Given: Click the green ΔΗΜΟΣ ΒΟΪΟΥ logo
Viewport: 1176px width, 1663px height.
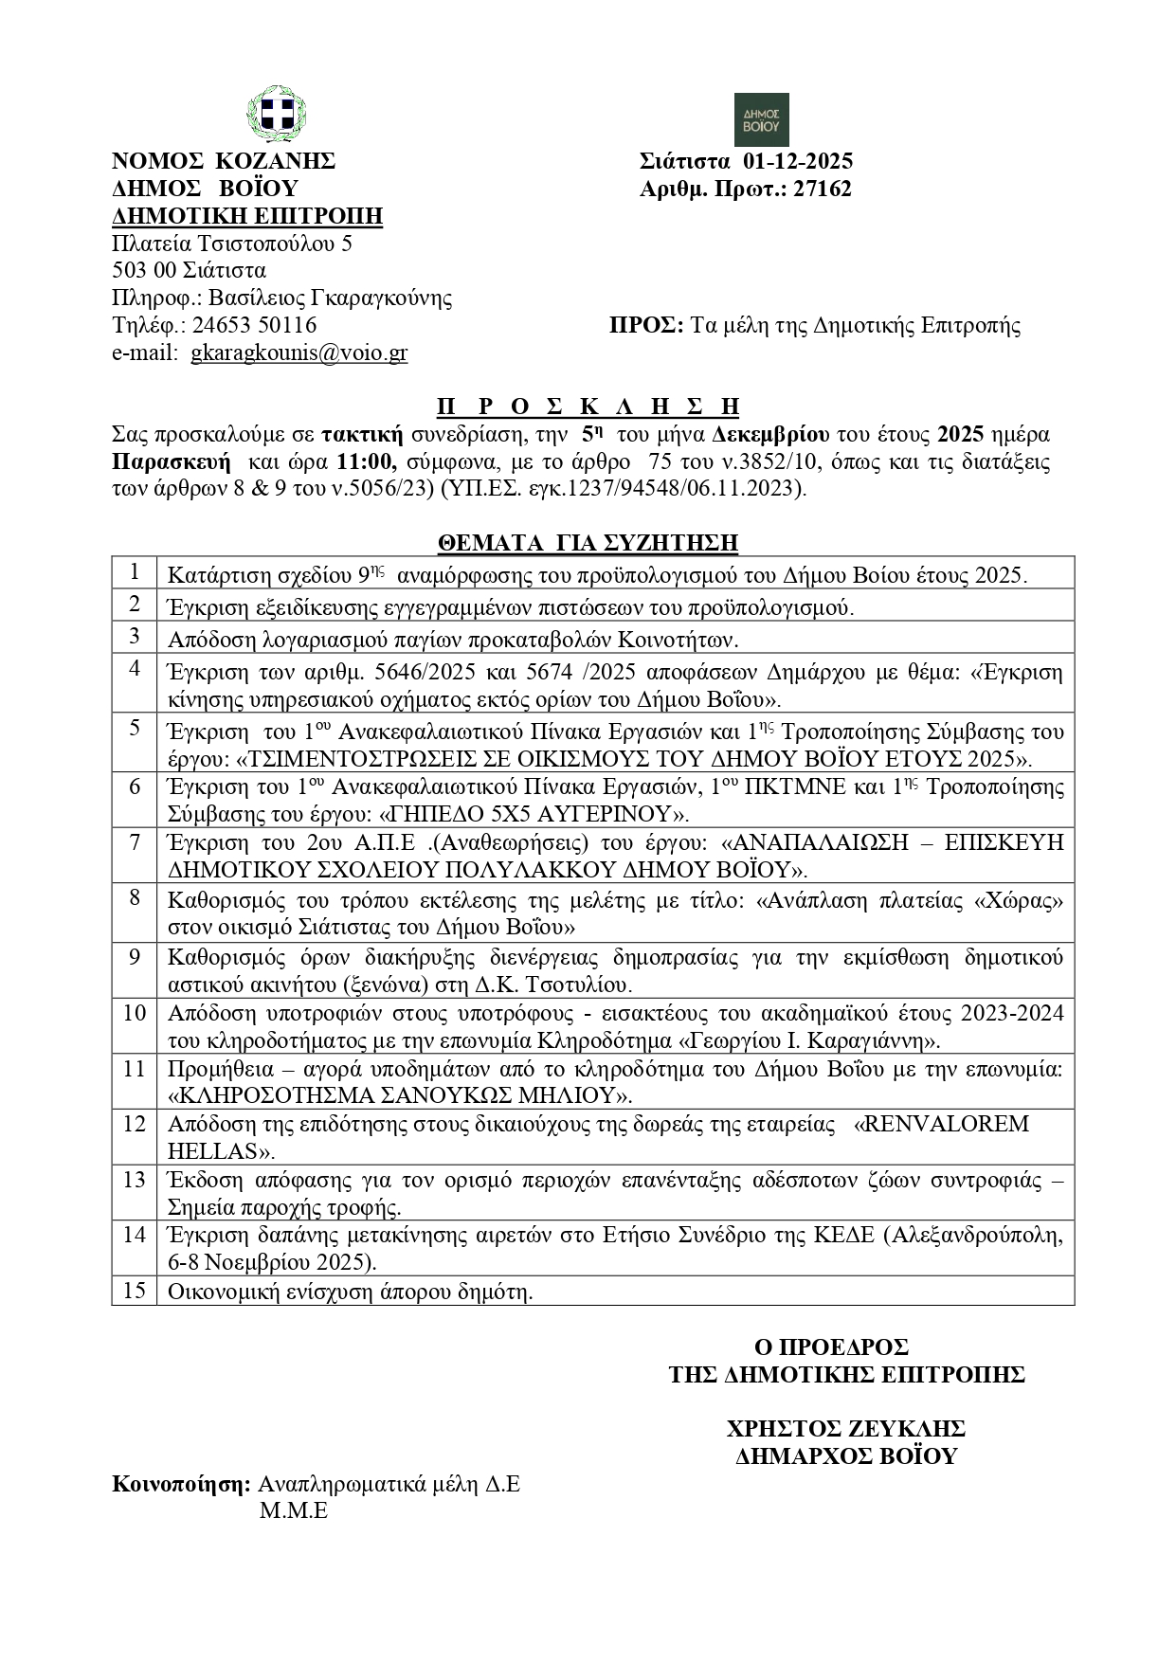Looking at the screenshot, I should coord(762,119).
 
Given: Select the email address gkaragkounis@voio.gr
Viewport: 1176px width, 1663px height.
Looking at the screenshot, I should coord(299,353).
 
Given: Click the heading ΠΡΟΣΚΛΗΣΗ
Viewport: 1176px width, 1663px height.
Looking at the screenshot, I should coord(588,407).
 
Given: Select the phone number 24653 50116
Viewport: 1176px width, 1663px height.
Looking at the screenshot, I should coord(254,326).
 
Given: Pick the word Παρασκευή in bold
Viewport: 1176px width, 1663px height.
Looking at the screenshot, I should coord(172,462).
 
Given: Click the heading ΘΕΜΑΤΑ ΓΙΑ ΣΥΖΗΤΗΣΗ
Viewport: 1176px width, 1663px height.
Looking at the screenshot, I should coord(588,543).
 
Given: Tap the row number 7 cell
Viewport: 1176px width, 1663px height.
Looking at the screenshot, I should coord(135,841).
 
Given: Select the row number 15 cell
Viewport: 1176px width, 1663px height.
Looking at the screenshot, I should coord(135,1291).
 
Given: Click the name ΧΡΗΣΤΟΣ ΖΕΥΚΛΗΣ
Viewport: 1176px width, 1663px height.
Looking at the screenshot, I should coord(845,1428).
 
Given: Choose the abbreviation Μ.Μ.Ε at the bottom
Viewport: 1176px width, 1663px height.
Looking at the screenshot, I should coord(294,1510).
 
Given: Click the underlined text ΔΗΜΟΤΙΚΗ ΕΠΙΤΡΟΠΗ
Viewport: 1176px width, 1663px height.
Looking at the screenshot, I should coord(247,216).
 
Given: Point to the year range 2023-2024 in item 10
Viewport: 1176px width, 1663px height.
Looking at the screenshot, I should coord(1011,1013).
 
